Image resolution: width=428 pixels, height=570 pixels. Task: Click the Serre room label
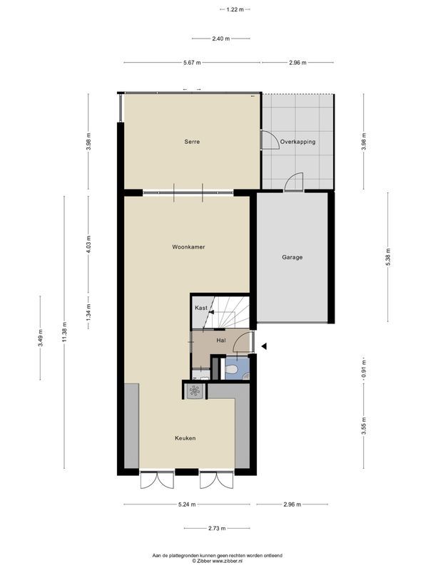coord(191,142)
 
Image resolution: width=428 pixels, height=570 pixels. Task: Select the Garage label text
coord(292,257)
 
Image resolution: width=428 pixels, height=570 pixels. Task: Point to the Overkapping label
coord(297,142)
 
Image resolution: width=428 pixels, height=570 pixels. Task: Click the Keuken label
coord(184,438)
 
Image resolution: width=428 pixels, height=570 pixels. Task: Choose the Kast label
coord(201,308)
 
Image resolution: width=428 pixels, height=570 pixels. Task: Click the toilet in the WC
coord(230,370)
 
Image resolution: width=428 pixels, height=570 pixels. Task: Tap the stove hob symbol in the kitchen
coord(194,390)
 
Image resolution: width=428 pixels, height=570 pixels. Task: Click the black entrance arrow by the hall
coord(263,347)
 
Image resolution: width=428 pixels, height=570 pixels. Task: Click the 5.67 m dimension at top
coord(191,63)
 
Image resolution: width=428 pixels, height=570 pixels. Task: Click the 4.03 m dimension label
coord(88,245)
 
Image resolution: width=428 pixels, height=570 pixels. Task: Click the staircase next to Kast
coord(230,313)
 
